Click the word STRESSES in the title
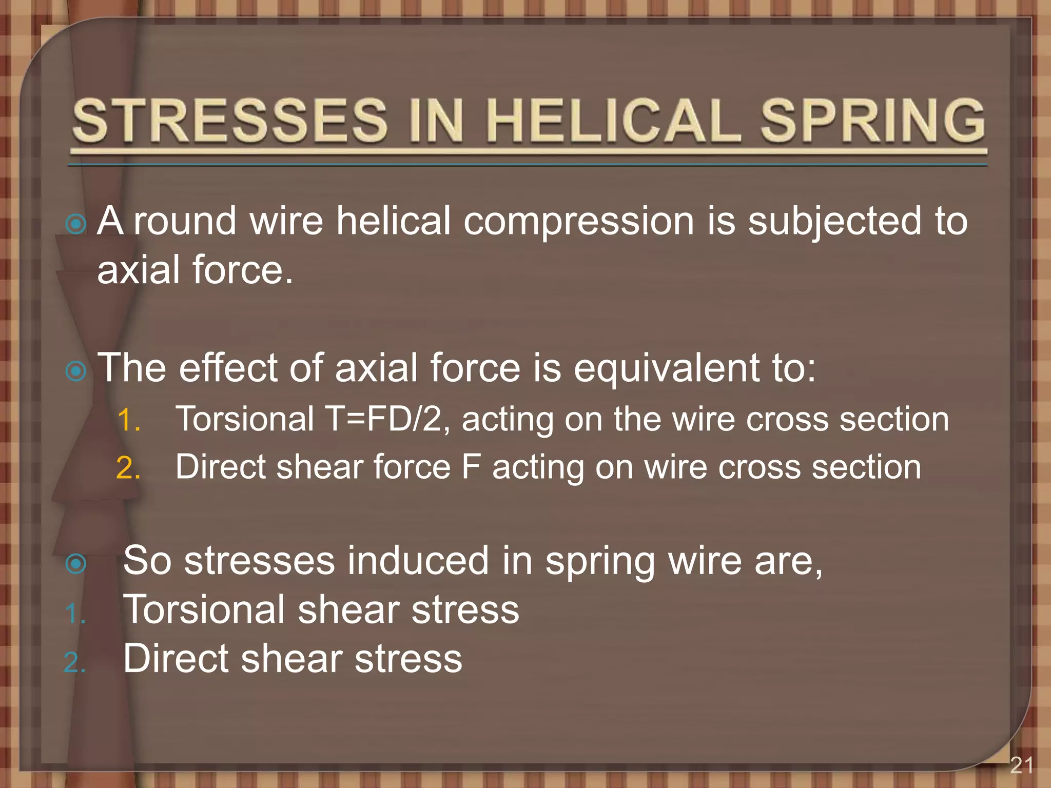(x=229, y=121)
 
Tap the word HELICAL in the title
(x=613, y=121)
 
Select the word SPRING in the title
(x=872, y=121)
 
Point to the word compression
(x=578, y=222)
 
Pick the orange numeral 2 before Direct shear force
(x=128, y=468)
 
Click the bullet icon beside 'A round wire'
(x=76, y=224)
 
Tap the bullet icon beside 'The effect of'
(x=76, y=371)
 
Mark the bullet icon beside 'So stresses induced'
(x=76, y=564)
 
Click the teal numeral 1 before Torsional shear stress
(x=75, y=614)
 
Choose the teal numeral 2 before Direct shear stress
(x=75, y=662)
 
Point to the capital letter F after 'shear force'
(x=471, y=467)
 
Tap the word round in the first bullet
(x=185, y=222)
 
